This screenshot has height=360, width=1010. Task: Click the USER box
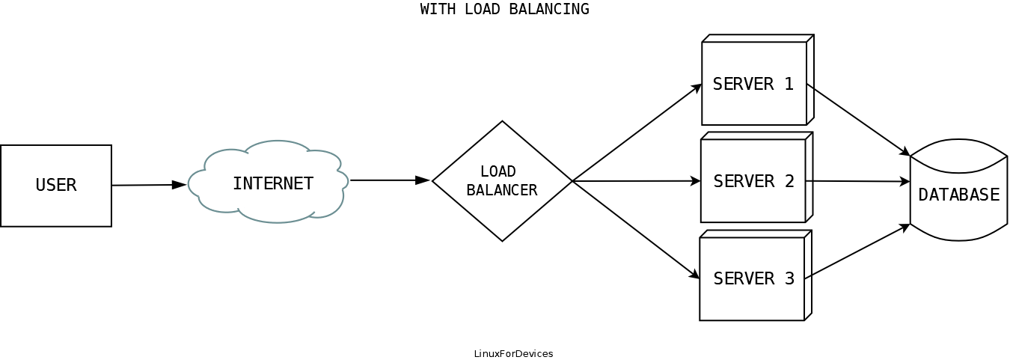pyautogui.click(x=56, y=186)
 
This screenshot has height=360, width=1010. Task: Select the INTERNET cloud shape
pyautogui.click(x=269, y=183)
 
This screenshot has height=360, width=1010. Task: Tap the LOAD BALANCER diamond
pyautogui.click(x=502, y=181)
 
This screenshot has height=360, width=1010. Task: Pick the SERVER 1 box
pyautogui.click(x=754, y=84)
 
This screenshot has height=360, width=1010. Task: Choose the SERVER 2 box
pyautogui.click(x=753, y=181)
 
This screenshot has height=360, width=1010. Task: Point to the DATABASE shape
pyautogui.click(x=958, y=194)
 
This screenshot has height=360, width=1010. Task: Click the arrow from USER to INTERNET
pyautogui.click(x=148, y=185)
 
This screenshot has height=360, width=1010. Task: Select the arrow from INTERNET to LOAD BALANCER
pyautogui.click(x=389, y=180)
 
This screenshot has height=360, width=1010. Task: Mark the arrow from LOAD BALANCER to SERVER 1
pyautogui.click(x=637, y=132)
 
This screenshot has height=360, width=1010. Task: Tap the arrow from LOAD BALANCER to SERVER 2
pyautogui.click(x=636, y=181)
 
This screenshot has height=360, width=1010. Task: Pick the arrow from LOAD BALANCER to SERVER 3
pyautogui.click(x=636, y=230)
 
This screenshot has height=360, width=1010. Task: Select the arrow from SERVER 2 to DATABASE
pyautogui.click(x=857, y=181)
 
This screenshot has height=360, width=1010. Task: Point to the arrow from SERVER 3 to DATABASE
pyautogui.click(x=857, y=251)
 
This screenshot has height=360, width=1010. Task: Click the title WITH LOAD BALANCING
pyautogui.click(x=505, y=10)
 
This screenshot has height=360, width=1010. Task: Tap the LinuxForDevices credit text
pyautogui.click(x=513, y=353)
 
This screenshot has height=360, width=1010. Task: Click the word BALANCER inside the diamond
pyautogui.click(x=502, y=190)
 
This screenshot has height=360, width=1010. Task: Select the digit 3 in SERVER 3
pyautogui.click(x=789, y=279)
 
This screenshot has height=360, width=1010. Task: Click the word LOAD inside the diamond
pyautogui.click(x=498, y=171)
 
